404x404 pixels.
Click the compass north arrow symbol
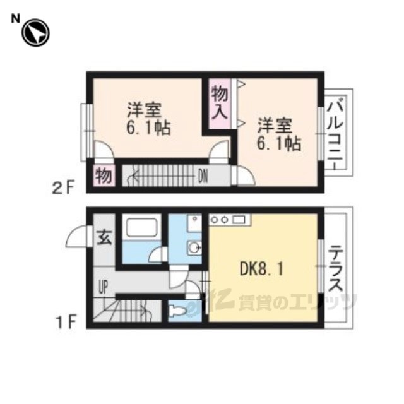(x=35, y=33)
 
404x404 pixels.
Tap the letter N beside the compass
(x=15, y=19)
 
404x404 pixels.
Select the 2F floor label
(x=63, y=187)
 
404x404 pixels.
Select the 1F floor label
(x=66, y=323)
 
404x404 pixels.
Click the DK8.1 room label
(x=262, y=270)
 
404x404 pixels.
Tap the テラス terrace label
(x=336, y=268)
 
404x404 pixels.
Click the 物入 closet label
(x=220, y=104)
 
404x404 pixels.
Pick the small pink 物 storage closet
(x=104, y=175)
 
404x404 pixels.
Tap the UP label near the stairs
(x=103, y=287)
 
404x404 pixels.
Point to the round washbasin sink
(x=194, y=248)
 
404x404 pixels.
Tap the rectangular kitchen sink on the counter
(x=239, y=220)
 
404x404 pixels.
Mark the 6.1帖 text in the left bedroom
(x=148, y=127)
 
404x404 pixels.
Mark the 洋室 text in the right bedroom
(x=275, y=126)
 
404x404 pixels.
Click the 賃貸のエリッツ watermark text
(x=297, y=302)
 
